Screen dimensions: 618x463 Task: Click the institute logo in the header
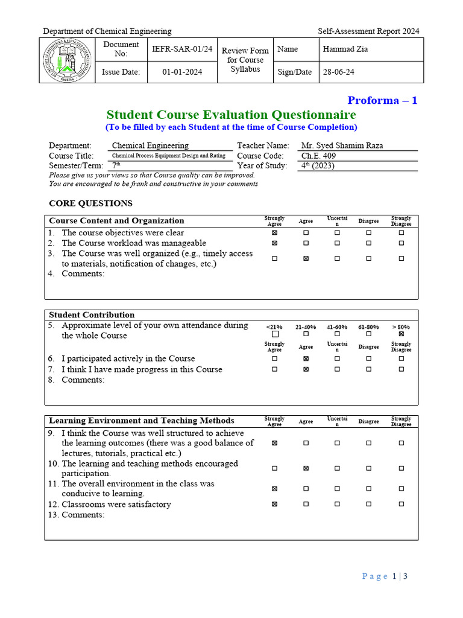tap(65, 60)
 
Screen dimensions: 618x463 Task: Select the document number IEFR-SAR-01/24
tap(182, 49)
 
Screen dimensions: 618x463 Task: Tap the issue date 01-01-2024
tap(182, 72)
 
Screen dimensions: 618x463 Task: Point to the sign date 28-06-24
tap(339, 72)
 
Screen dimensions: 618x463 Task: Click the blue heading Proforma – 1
tap(382, 100)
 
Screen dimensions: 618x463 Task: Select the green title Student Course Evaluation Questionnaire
tap(231, 115)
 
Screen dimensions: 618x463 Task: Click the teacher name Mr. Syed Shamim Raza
tap(342, 145)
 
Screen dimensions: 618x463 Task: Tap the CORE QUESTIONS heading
tap(90, 203)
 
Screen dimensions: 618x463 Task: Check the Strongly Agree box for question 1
tap(274, 233)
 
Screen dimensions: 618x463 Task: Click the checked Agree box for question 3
tap(306, 258)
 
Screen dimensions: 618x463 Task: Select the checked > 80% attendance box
tap(401, 334)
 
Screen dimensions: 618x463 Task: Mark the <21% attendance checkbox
tap(275, 334)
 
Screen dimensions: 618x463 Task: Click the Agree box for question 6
tap(306, 358)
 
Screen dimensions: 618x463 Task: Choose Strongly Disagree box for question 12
tap(401, 505)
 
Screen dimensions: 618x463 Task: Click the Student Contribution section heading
tap(92, 315)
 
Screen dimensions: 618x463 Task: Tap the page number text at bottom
tap(385, 576)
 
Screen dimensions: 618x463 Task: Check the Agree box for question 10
tap(306, 468)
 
